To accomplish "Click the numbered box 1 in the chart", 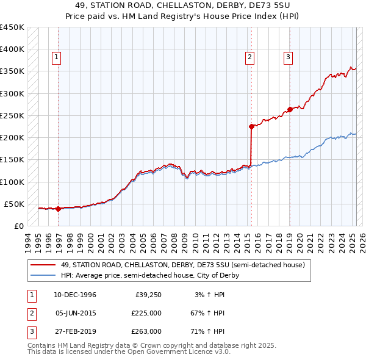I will click(56, 58).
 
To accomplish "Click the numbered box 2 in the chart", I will click(250, 58).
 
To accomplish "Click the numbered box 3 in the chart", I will click(288, 58).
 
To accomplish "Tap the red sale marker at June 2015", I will click(251, 126).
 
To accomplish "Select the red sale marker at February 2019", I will click(290, 110).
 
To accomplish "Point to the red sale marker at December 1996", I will click(58, 209).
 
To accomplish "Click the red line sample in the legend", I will click(43, 265).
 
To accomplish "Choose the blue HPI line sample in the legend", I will click(43, 276).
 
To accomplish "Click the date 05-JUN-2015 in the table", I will click(75, 313).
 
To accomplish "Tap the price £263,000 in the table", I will click(146, 331).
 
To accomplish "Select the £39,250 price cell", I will click(148, 295).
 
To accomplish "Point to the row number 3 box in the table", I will click(30, 331).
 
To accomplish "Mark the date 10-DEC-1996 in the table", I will click(75, 295).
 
